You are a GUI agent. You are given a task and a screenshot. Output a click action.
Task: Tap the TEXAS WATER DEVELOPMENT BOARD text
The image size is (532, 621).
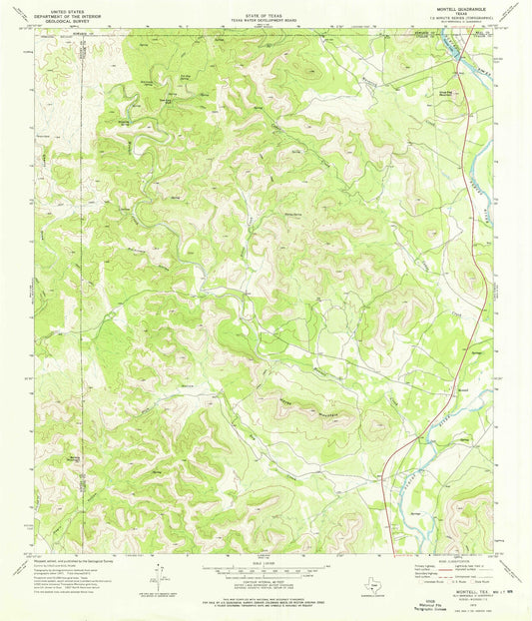(265, 15)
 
